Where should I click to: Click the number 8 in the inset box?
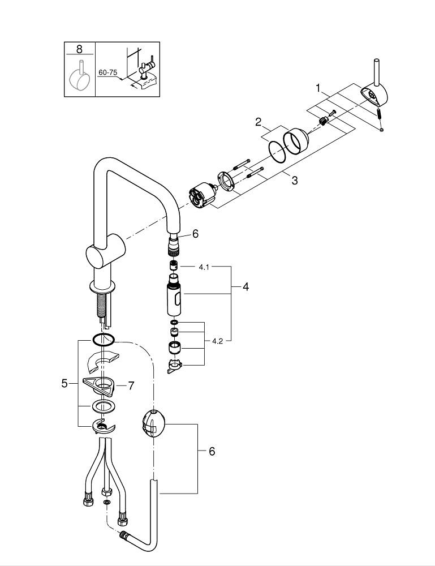coord(79,49)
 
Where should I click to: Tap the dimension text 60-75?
coord(107,73)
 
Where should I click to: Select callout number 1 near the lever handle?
coord(318,88)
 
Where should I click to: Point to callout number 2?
coord(258,122)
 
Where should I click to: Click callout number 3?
coord(294,181)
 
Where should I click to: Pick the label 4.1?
coord(204,266)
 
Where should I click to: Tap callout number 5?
coord(64,383)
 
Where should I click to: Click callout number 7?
coord(131,385)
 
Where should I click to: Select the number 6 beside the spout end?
coord(195,234)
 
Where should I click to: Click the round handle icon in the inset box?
coord(79,80)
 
